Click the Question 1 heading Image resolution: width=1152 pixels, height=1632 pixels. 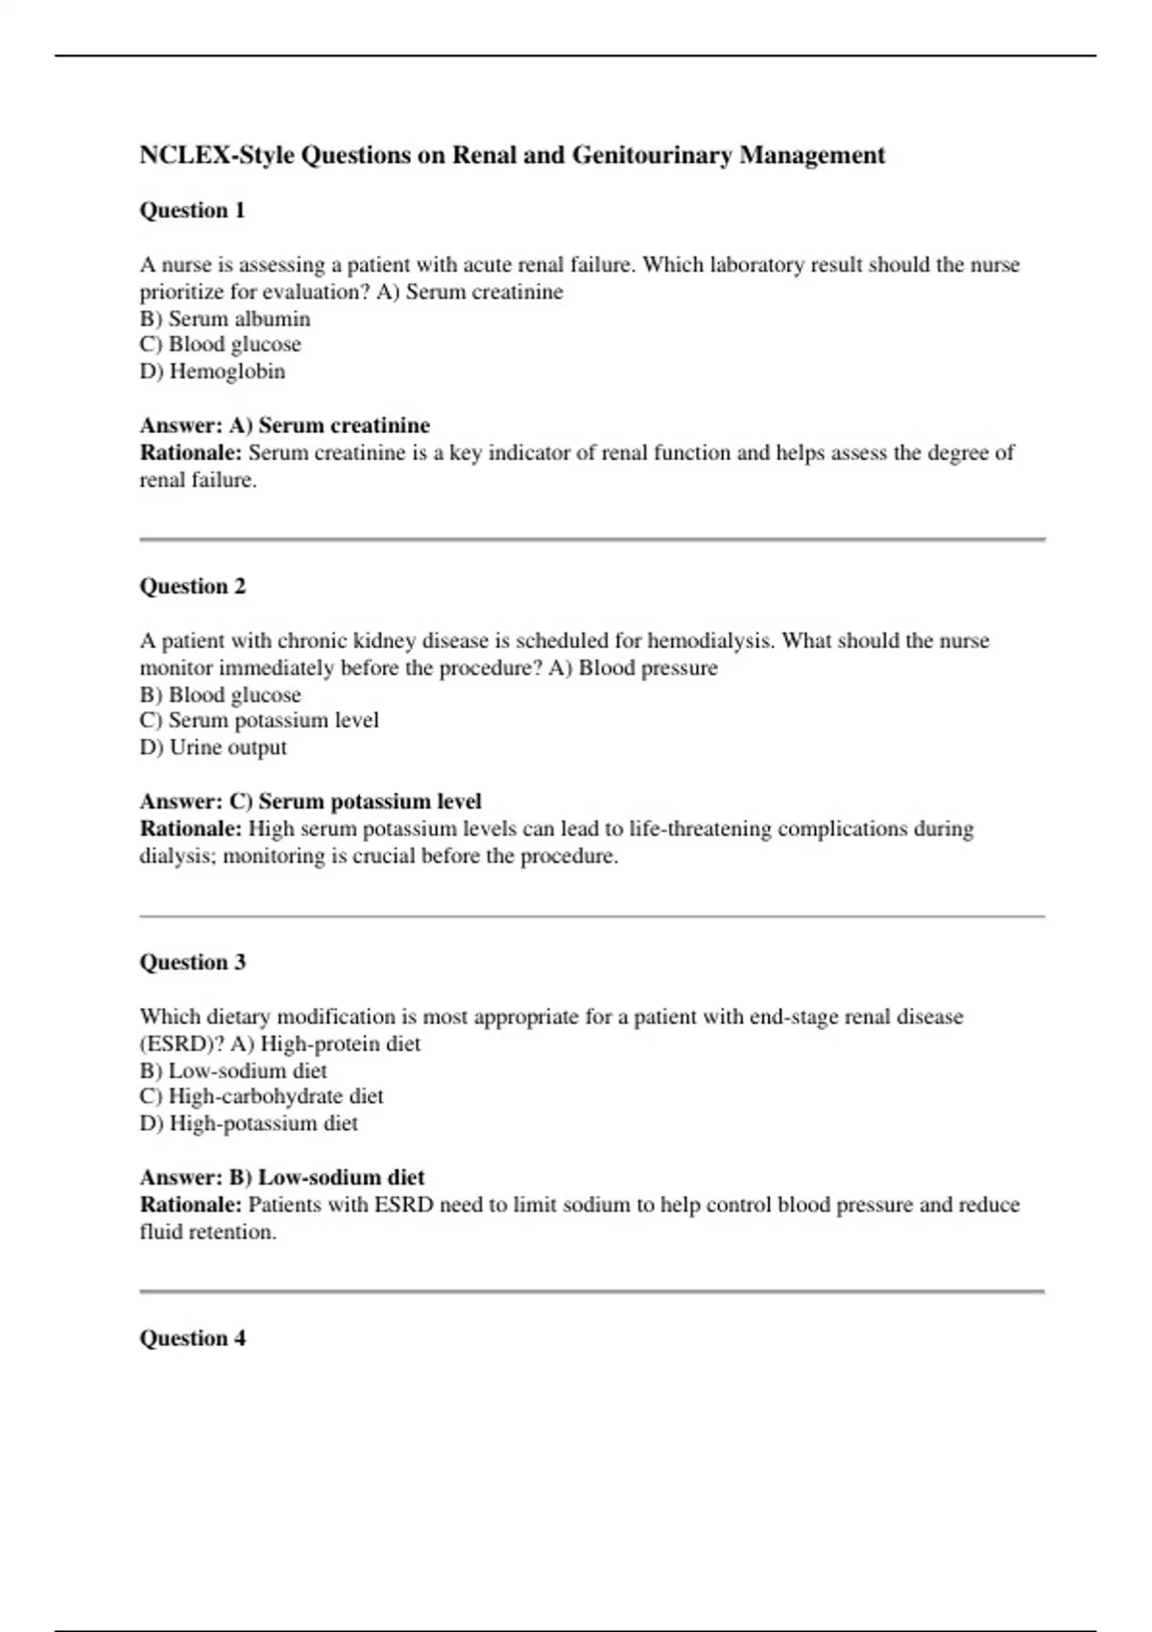coord(192,210)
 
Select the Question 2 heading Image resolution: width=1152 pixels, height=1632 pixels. coord(192,587)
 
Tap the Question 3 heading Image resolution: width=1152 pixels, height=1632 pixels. coord(192,963)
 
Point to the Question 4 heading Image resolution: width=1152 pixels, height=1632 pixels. coord(192,1338)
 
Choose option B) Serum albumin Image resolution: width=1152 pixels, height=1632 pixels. coord(225,319)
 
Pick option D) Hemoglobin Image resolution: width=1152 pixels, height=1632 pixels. coord(212,372)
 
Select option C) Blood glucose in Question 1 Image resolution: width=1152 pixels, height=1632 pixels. coord(220,345)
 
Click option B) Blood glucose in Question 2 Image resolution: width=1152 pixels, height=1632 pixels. coord(220,695)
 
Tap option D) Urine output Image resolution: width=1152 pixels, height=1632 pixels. coord(213,748)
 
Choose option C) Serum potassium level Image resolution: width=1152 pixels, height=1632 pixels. coord(259,721)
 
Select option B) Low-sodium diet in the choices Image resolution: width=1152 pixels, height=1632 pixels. coord(233,1071)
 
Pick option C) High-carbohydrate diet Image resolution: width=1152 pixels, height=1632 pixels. coord(261,1096)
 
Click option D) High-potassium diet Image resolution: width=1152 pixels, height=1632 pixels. coord(249,1124)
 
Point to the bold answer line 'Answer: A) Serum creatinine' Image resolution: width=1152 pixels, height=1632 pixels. coord(284,425)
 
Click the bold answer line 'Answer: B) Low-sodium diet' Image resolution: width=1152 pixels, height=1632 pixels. coord(281,1178)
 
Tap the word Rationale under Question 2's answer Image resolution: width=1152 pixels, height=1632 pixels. coord(190,829)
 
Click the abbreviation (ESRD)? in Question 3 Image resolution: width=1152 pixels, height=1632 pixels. coord(181,1044)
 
